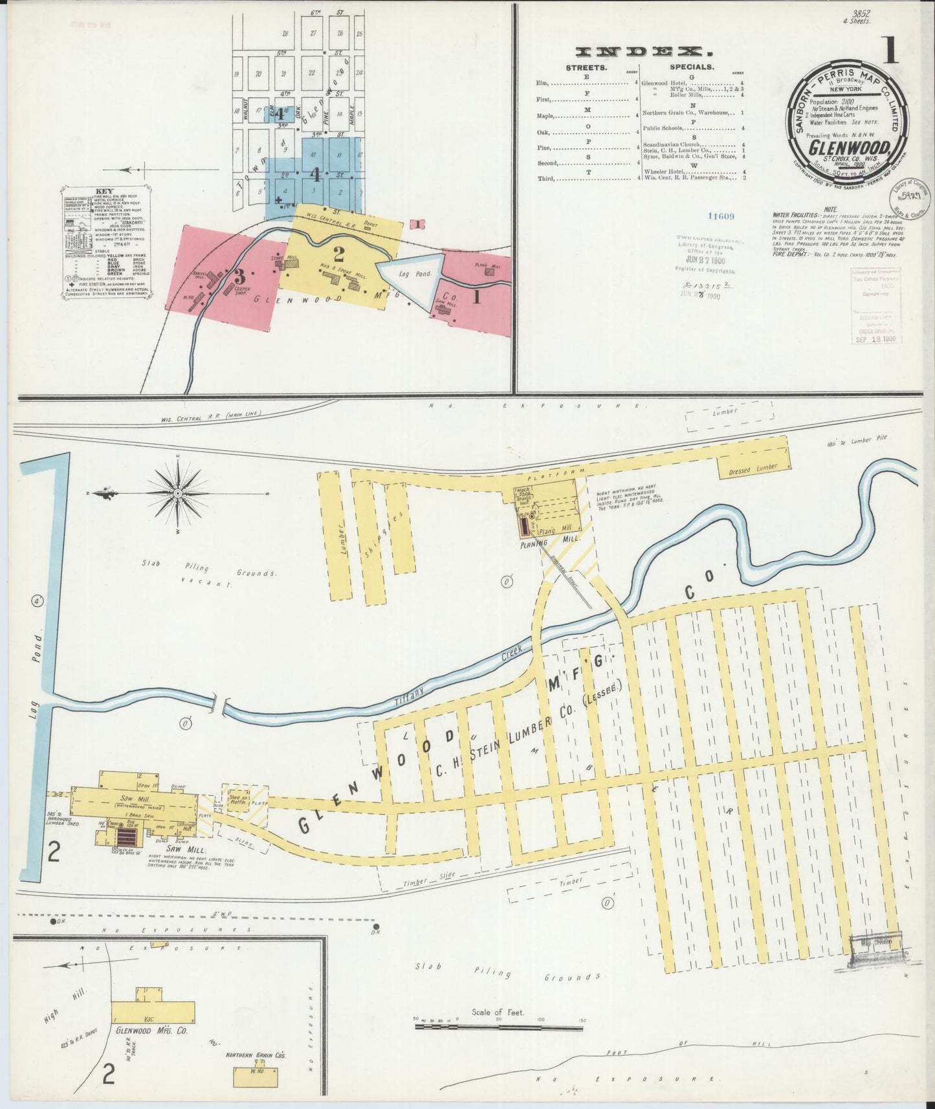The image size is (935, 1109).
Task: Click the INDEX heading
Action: tap(639, 52)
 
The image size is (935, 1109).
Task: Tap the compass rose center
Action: tap(177, 494)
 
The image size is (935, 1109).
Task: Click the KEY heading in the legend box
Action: tap(104, 192)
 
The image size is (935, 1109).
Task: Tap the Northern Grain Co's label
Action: tap(256, 1055)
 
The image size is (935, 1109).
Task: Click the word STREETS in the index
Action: tap(586, 67)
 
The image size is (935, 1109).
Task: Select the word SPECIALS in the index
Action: tap(692, 67)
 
